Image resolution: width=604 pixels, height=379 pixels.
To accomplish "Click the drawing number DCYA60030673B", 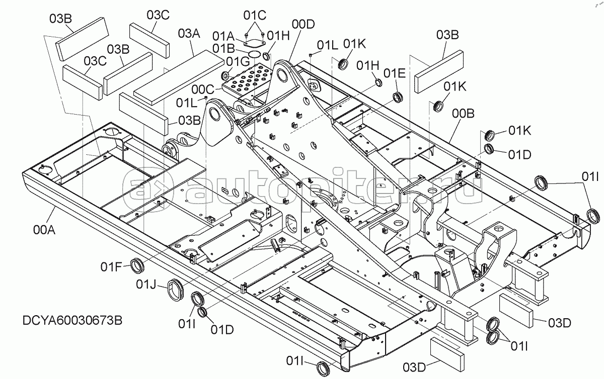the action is tap(72, 321).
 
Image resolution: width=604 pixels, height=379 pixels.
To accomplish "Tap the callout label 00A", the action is tap(44, 230).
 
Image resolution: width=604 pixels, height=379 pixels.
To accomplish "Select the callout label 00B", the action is tap(463, 114).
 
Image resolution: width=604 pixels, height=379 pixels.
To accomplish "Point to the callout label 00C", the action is tap(203, 89).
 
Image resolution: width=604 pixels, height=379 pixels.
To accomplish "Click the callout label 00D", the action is tap(304, 24).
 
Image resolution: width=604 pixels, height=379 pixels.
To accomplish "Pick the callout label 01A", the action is tap(223, 36).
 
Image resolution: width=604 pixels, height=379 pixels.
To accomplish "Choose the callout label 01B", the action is tap(223, 48).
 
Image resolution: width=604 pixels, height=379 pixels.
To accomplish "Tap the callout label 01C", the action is tap(255, 16).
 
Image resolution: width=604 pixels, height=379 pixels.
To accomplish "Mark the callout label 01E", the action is tap(394, 73).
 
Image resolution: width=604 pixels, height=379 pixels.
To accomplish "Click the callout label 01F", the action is tap(111, 267).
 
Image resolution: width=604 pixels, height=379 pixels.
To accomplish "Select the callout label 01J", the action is tap(146, 285).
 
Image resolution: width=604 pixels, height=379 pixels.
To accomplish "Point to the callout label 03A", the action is tap(189, 34).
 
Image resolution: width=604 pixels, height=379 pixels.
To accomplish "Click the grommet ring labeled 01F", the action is tap(137, 265).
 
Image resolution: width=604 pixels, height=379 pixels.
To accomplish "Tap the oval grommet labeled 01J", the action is tap(176, 291).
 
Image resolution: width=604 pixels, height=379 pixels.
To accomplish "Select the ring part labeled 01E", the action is tap(398, 97).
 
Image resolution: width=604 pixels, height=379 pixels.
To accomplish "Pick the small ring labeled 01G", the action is tap(225, 76).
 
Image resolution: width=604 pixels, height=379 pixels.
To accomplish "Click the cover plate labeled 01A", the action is tap(255, 44).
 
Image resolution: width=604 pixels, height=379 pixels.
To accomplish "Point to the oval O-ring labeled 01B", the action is tap(254, 54).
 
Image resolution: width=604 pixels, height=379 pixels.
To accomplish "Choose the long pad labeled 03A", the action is tap(179, 77).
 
